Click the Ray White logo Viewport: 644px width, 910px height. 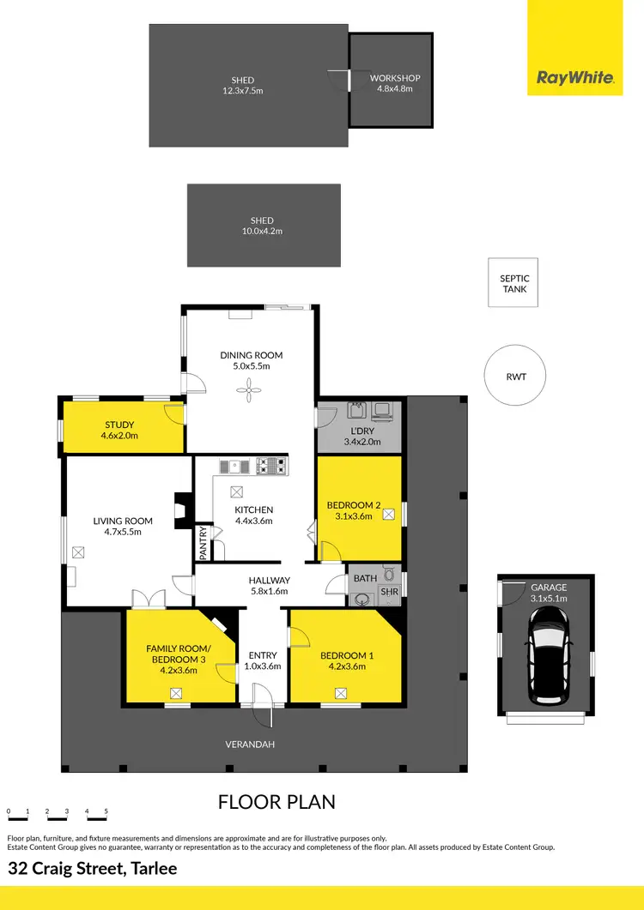(574, 78)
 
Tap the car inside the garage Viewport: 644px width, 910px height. (547, 654)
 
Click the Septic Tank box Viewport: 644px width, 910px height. (514, 283)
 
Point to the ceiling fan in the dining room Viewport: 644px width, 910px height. (251, 392)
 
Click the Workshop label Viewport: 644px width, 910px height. (395, 79)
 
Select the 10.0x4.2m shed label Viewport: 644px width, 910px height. (262, 231)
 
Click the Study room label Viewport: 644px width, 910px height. (120, 425)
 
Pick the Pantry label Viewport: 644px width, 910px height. (204, 542)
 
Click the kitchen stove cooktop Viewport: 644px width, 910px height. (274, 467)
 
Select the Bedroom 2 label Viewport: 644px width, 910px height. (354, 505)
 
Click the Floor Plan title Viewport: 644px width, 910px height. (276, 802)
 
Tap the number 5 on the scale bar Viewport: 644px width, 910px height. (106, 811)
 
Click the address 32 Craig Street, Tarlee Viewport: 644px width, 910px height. (93, 868)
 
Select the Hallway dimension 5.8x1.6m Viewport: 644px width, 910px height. (269, 591)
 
